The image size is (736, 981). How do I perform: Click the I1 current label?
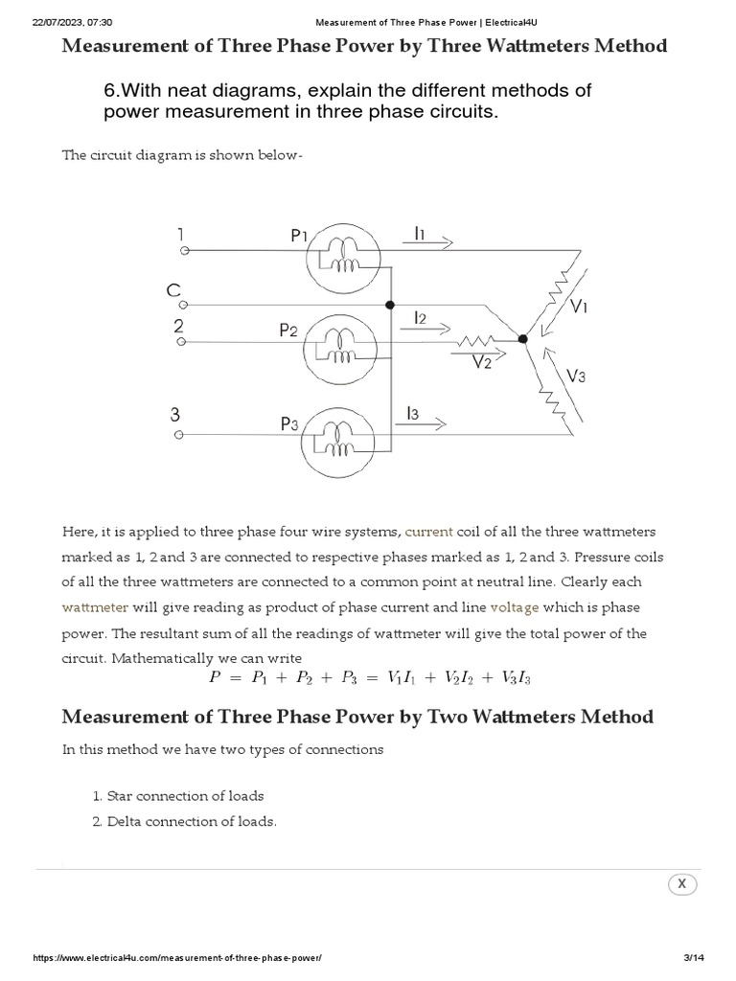421,232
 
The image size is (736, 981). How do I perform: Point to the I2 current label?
421,317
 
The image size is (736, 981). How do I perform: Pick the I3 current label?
413,413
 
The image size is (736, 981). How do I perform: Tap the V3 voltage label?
576,376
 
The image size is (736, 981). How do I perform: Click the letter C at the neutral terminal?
173,290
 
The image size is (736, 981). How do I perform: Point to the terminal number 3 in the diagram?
175,415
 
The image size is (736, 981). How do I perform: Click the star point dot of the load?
522,338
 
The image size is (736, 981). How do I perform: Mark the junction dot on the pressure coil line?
389,305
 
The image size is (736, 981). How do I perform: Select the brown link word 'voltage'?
515,607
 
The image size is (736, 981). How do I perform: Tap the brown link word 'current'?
428,532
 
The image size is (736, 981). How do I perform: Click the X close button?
681,884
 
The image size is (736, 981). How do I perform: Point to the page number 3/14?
693,959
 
